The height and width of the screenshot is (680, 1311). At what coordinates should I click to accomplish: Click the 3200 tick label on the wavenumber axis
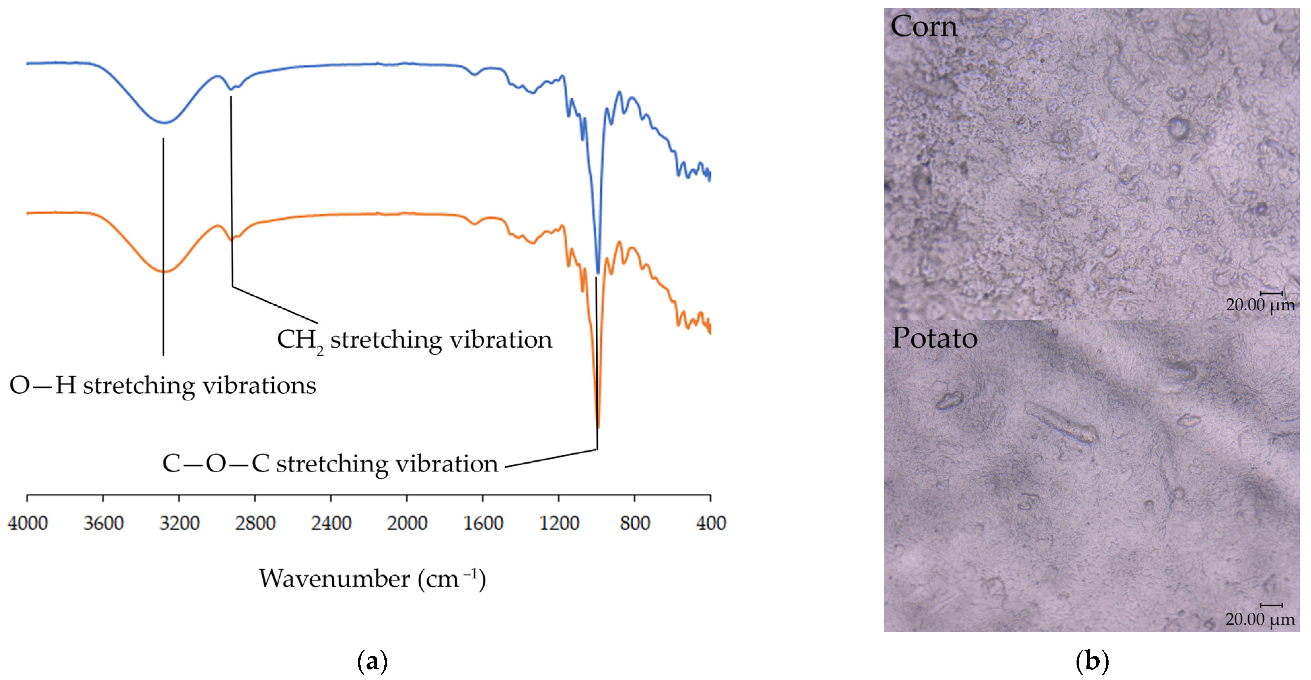point(179,523)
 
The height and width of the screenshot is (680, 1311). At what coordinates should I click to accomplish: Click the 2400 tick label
point(331,523)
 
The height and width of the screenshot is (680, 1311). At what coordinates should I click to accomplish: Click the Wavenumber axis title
point(372,579)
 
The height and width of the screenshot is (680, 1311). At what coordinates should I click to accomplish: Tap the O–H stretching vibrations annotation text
point(163,386)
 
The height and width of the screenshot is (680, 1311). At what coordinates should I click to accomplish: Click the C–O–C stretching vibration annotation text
point(330,464)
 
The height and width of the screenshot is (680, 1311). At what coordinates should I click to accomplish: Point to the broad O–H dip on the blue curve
point(164,122)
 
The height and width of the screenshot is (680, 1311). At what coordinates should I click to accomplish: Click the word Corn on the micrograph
point(924,26)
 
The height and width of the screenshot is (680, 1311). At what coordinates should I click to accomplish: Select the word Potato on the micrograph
point(935,338)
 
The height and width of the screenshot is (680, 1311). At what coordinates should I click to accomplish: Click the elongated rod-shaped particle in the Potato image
point(1061,424)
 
